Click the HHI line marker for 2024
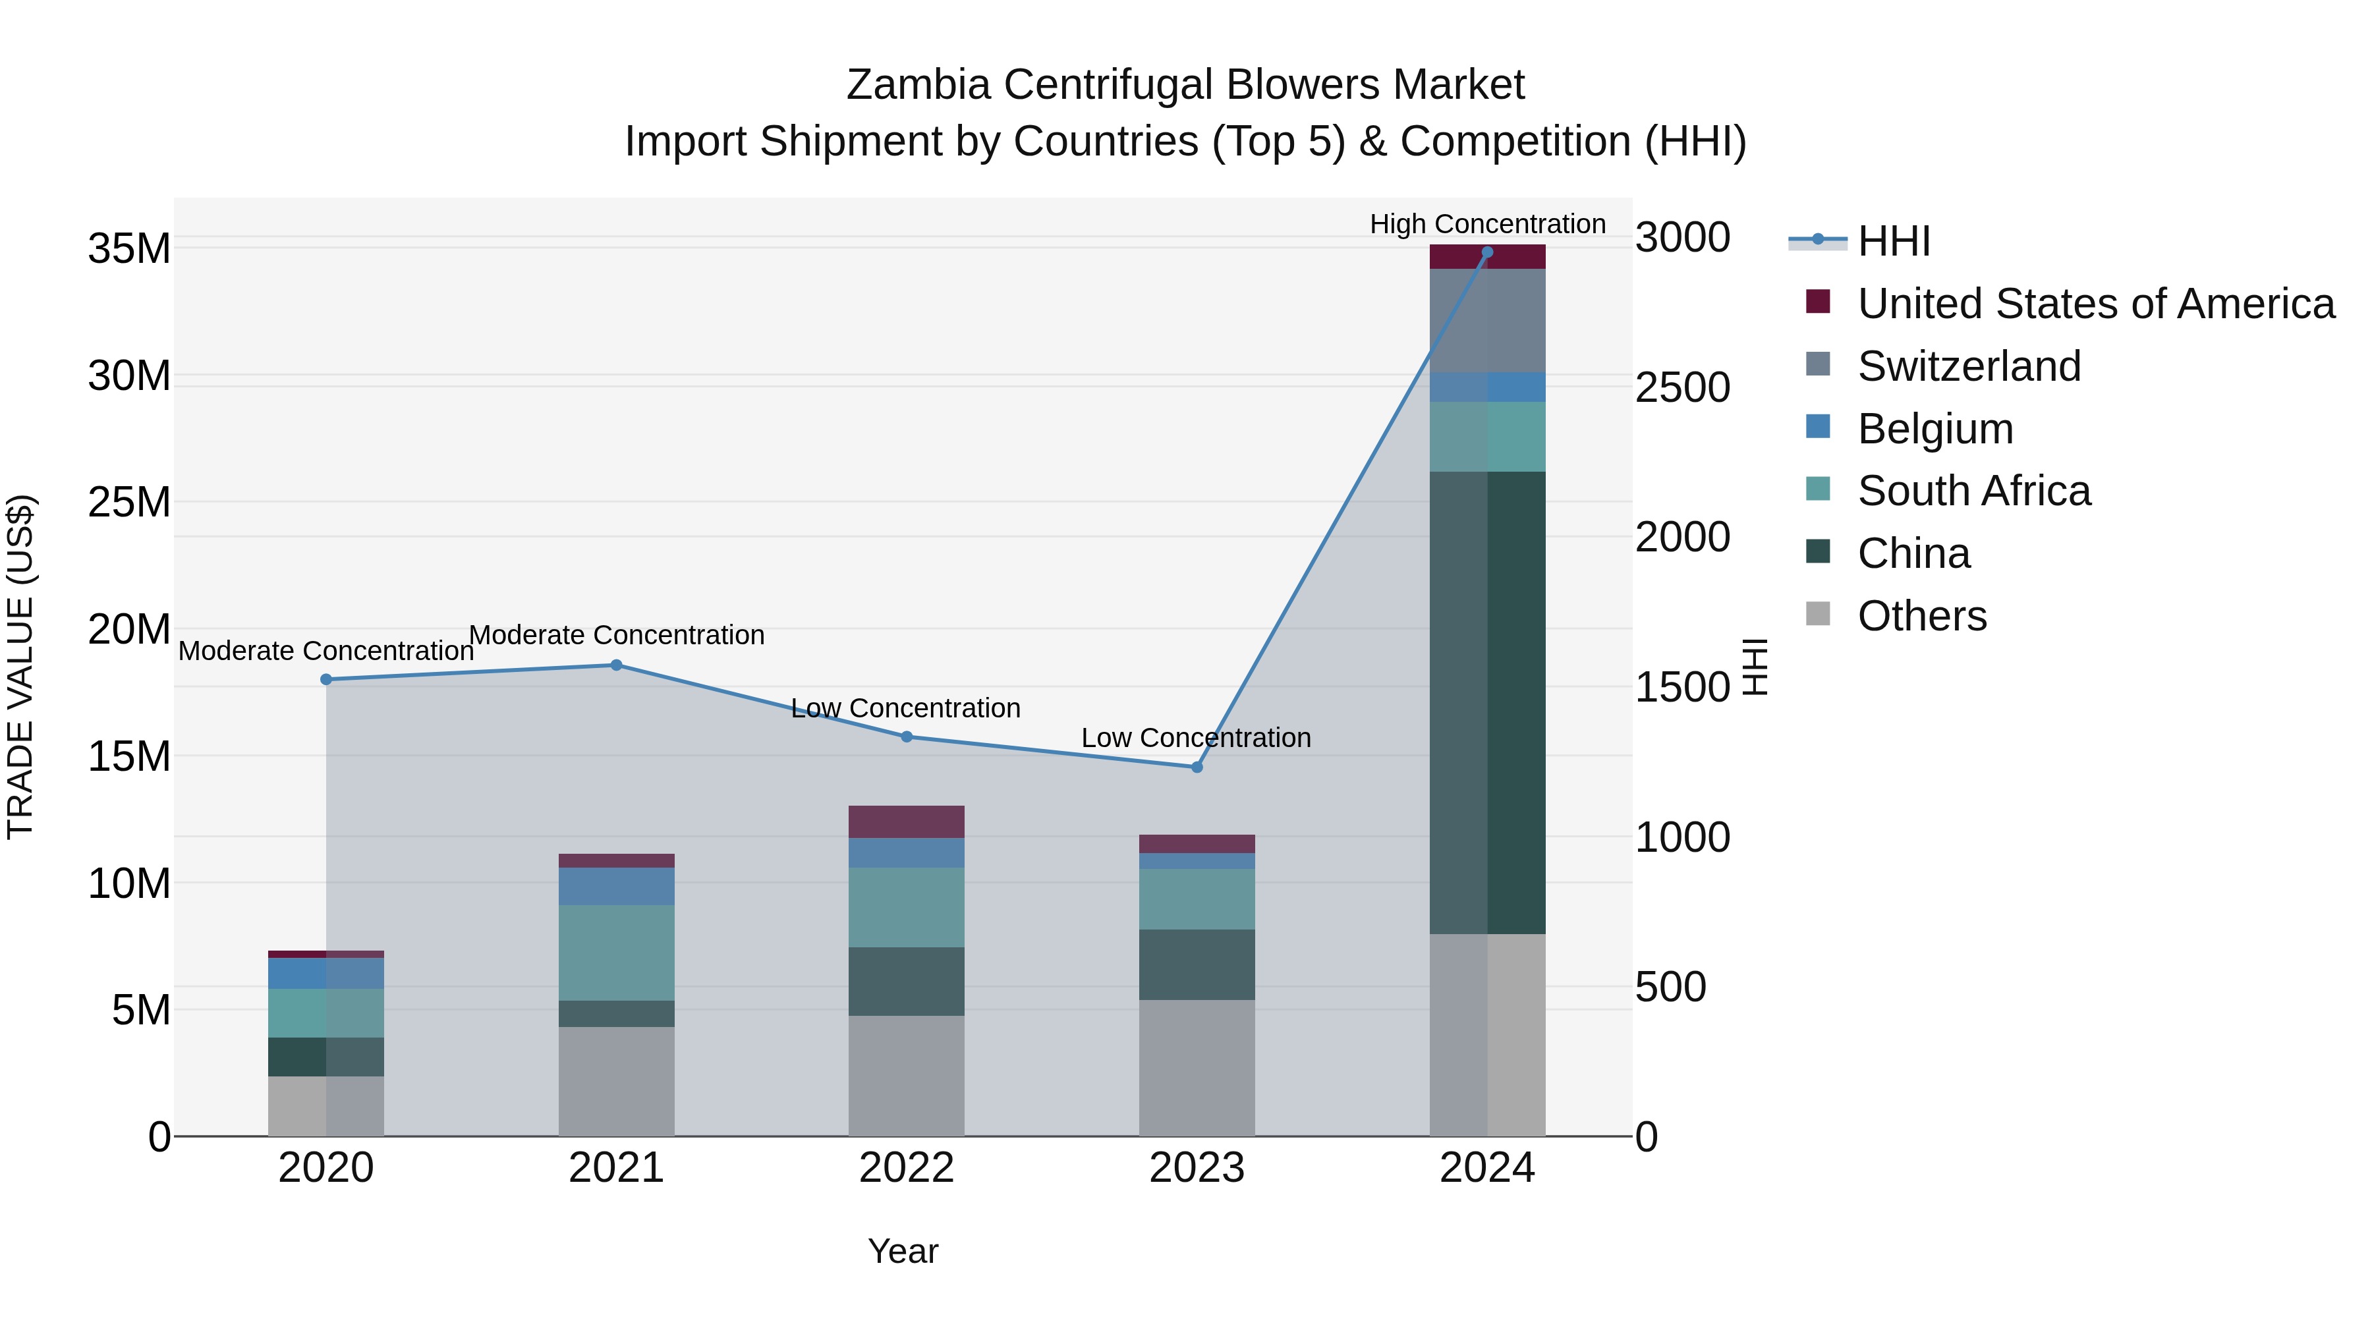pyautogui.click(x=1486, y=252)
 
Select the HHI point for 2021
pyautogui.click(x=616, y=665)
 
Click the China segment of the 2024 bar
pyautogui.click(x=1486, y=702)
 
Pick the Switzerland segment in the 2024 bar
pyautogui.click(x=1486, y=320)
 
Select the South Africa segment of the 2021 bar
pyautogui.click(x=616, y=952)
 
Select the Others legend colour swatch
pyautogui.click(x=1818, y=614)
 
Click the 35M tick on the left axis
pyautogui.click(x=129, y=248)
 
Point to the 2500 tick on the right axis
pyautogui.click(x=1681, y=387)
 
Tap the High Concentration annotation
pyautogui.click(x=1486, y=224)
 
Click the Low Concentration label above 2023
pyautogui.click(x=1195, y=737)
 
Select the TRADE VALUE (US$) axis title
pyautogui.click(x=20, y=667)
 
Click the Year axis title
pyautogui.click(x=903, y=1251)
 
